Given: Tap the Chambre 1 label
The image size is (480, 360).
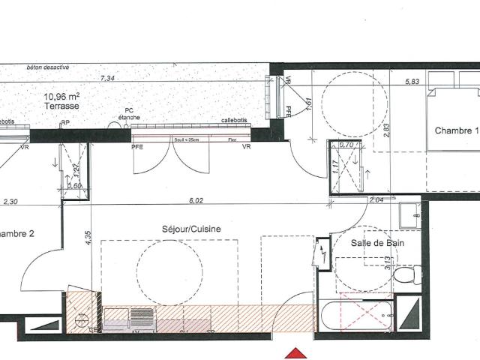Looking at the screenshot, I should [x=456, y=130].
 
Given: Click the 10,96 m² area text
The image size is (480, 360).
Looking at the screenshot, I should [x=62, y=96].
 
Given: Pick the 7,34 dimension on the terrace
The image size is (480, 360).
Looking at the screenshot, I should [x=107, y=78].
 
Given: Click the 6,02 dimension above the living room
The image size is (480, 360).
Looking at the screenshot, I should [x=196, y=200].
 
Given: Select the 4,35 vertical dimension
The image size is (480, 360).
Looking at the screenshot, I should [x=88, y=239].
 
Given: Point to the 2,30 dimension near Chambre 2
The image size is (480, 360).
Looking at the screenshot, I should [x=10, y=201].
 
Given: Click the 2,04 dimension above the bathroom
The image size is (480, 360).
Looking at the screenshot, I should [x=377, y=199].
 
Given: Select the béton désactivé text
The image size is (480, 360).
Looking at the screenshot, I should [x=48, y=67].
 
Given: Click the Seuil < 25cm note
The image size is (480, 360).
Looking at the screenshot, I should [x=184, y=139].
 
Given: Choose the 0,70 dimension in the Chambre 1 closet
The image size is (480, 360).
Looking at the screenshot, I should [x=346, y=145].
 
